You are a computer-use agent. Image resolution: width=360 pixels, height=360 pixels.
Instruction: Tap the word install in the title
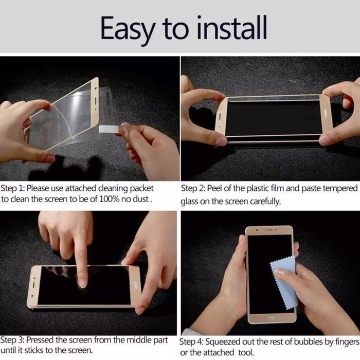click(232, 28)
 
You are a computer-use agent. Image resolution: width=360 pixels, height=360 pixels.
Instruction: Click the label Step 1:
click(13, 189)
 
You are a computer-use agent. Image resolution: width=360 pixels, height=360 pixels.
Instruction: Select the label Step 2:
click(193, 189)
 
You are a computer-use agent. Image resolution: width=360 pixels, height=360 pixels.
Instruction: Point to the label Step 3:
click(12, 340)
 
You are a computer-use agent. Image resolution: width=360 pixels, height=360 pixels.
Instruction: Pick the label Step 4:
click(191, 342)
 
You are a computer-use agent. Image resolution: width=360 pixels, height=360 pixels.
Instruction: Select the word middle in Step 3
click(139, 339)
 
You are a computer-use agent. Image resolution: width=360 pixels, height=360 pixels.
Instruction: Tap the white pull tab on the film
click(109, 129)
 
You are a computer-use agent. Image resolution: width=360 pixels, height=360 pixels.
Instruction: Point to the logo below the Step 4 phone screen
click(272, 318)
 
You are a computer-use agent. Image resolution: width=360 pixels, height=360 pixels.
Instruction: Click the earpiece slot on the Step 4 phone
click(269, 229)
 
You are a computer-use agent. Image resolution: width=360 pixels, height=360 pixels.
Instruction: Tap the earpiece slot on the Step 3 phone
click(33, 285)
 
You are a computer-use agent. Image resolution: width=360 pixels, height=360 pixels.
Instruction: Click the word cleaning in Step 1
click(113, 189)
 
